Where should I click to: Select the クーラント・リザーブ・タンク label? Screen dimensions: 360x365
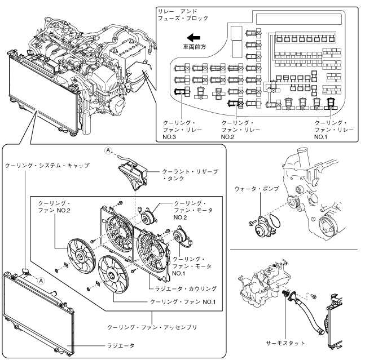(193, 174)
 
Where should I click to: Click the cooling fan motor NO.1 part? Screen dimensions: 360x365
(182, 236)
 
